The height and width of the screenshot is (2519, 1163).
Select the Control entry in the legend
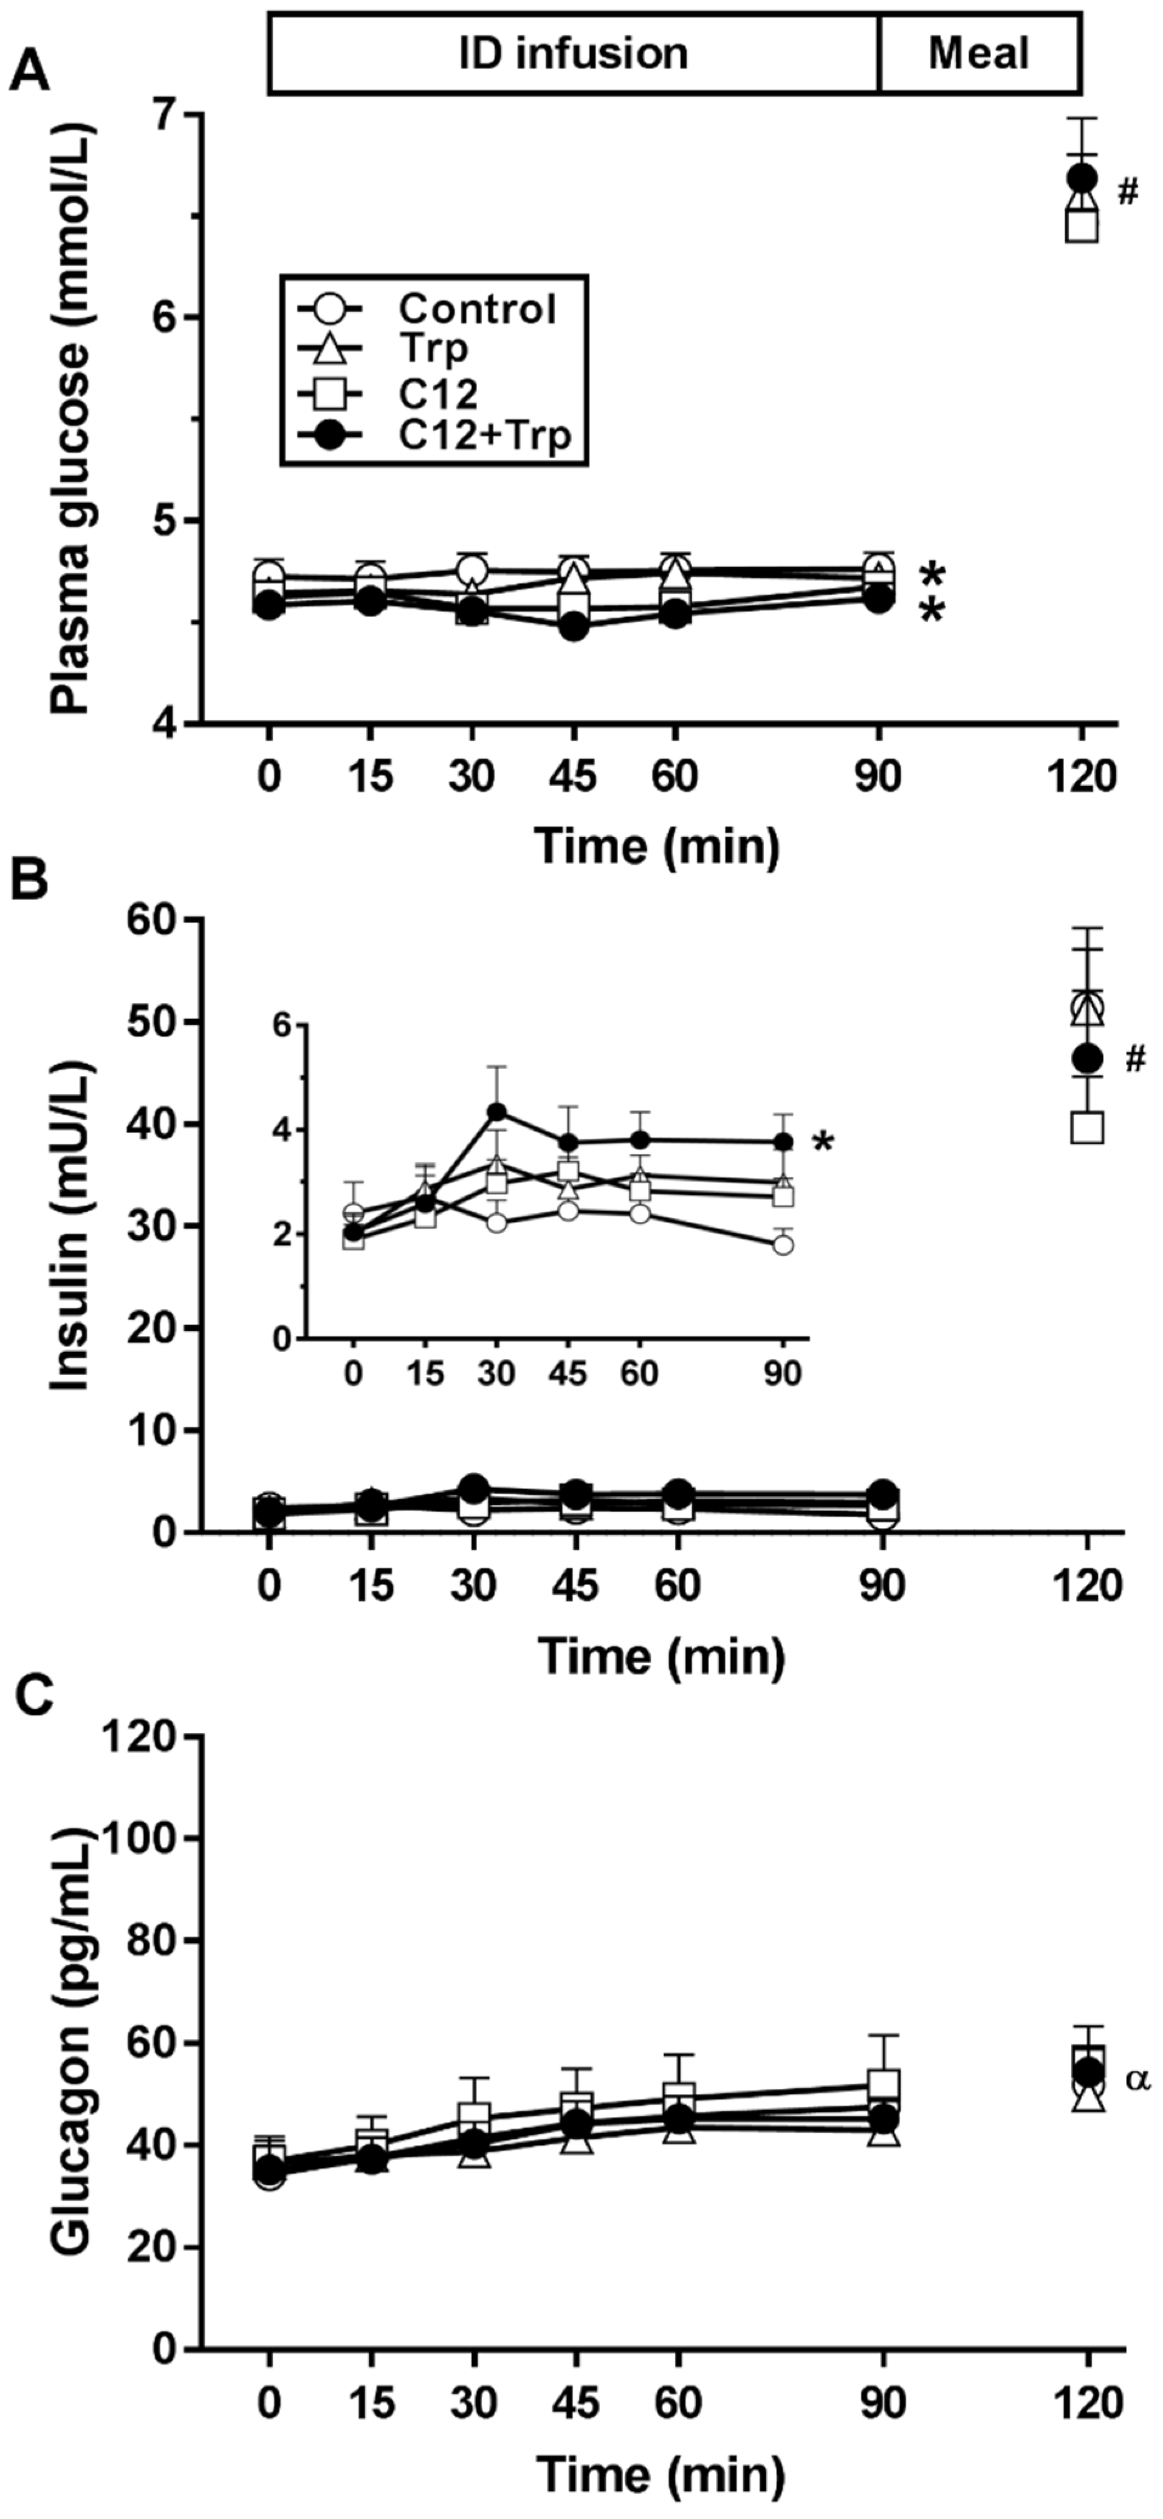point(476,309)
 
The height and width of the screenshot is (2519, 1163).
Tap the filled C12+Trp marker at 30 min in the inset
point(497,1112)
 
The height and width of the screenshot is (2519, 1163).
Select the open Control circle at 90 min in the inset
point(783,1245)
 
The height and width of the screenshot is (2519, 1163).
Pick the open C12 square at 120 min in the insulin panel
point(1088,1128)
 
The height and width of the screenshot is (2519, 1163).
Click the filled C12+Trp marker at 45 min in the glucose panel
point(574,628)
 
